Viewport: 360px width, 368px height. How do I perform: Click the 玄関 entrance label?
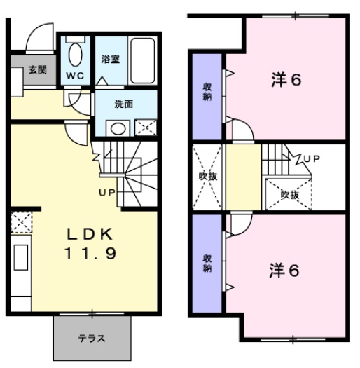click(x=37, y=71)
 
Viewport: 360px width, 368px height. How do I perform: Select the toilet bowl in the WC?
click(x=75, y=54)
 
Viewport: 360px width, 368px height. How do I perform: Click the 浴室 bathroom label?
click(x=110, y=60)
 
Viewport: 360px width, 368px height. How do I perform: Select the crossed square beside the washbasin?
click(x=146, y=128)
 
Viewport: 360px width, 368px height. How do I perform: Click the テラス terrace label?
click(x=91, y=338)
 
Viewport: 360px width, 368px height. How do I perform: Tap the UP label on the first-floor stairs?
click(x=107, y=191)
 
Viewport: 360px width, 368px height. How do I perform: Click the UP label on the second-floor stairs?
click(x=312, y=158)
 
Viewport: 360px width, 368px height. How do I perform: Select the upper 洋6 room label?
click(x=285, y=79)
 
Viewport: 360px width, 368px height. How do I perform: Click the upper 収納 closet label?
click(x=207, y=91)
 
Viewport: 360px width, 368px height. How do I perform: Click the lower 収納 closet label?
click(x=207, y=262)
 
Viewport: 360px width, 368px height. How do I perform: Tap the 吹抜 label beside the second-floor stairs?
click(x=289, y=194)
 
